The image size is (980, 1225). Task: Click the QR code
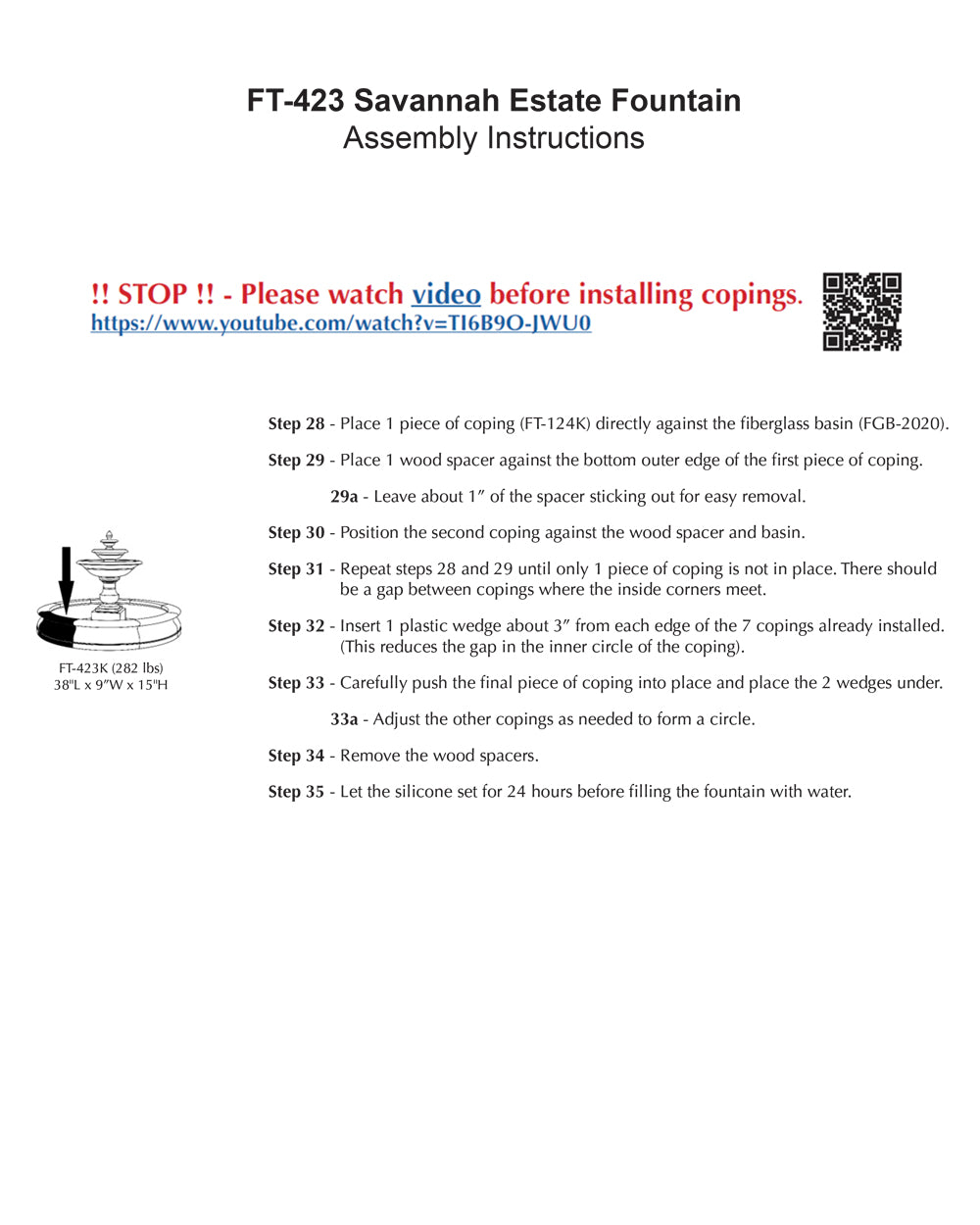pyautogui.click(x=861, y=312)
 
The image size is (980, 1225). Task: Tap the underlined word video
pyautogui.click(x=446, y=294)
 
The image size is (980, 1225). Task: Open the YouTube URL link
pyautogui.click(x=341, y=323)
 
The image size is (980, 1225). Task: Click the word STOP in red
pyautogui.click(x=152, y=294)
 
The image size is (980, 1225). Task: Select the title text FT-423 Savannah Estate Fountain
pyautogui.click(x=494, y=101)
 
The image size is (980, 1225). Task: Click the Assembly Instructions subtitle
pyautogui.click(x=494, y=138)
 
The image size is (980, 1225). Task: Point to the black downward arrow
pyautogui.click(x=66, y=578)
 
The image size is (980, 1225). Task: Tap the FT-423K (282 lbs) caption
pyautogui.click(x=111, y=668)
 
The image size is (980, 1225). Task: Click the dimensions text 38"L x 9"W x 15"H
pyautogui.click(x=111, y=685)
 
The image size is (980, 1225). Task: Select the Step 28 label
pyautogui.click(x=296, y=424)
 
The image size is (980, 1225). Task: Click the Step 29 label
pyautogui.click(x=296, y=461)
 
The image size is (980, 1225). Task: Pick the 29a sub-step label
pyautogui.click(x=344, y=497)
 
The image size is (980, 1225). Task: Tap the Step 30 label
pyautogui.click(x=296, y=533)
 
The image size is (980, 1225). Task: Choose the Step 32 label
pyautogui.click(x=296, y=626)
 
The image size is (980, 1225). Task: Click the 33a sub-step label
pyautogui.click(x=344, y=719)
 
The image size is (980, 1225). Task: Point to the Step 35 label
pyautogui.click(x=296, y=792)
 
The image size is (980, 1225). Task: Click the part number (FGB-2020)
pyautogui.click(x=904, y=424)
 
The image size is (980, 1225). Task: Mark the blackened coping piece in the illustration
pyautogui.click(x=61, y=628)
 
